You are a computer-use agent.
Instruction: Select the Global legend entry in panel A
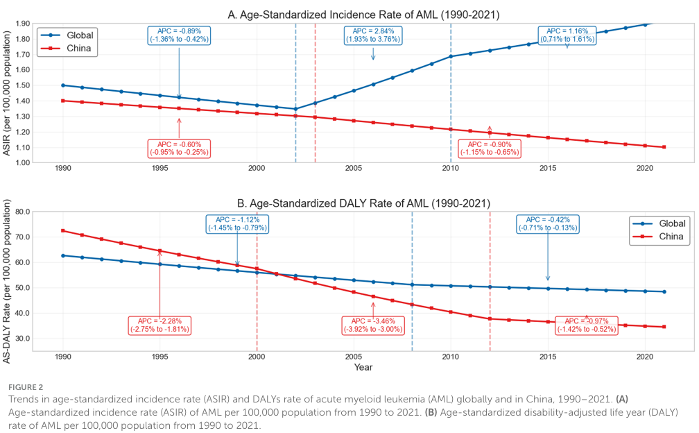tap(67, 35)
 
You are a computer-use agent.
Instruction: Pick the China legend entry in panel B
tap(657, 237)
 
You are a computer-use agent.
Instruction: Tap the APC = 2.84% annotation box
tap(373, 35)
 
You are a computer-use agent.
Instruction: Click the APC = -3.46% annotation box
tap(373, 325)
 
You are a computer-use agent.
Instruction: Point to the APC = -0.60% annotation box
tap(179, 148)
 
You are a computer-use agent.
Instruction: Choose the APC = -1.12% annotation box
tap(237, 223)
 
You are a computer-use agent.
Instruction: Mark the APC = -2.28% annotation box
tap(159, 325)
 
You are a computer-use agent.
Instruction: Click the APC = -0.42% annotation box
tap(548, 223)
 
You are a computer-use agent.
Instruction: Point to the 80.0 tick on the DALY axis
tap(21, 212)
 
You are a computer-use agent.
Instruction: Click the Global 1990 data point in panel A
tap(63, 85)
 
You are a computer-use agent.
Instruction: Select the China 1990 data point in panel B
tap(63, 230)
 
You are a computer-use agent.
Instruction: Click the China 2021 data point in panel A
tap(664, 146)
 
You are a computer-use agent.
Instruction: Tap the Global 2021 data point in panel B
tap(664, 291)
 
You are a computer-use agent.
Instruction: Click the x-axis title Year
tap(363, 366)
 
